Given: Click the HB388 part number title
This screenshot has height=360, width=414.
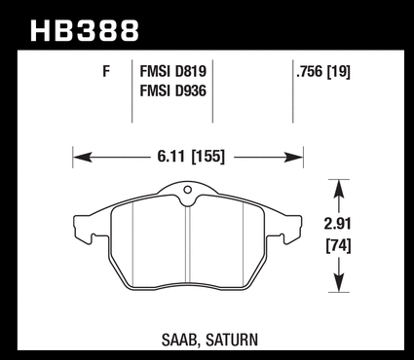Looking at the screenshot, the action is tap(85, 31).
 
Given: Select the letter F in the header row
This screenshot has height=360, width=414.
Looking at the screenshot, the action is tap(106, 71).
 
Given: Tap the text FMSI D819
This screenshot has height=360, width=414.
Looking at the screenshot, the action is tap(173, 71).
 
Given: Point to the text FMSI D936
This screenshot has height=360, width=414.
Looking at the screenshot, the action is tap(173, 90).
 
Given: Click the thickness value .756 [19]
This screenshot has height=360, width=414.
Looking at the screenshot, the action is tap(323, 72).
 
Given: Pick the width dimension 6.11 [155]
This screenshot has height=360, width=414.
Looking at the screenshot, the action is tap(191, 157).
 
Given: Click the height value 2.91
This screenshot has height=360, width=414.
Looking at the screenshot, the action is tap(338, 224).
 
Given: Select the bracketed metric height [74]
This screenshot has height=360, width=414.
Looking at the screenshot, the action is tap(338, 246).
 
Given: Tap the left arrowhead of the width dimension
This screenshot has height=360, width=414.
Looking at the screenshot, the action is tap(82, 158).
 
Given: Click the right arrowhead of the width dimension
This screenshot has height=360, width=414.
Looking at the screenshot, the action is tap(294, 158).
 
